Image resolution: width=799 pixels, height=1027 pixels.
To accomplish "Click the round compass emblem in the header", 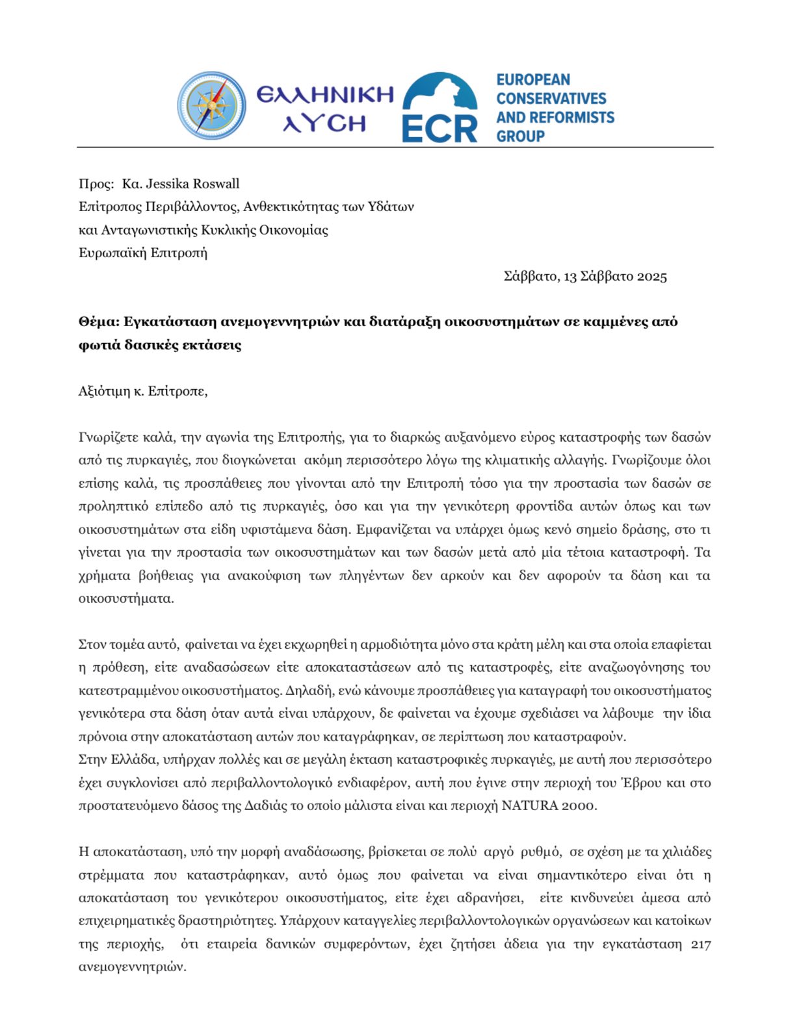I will click(x=211, y=106).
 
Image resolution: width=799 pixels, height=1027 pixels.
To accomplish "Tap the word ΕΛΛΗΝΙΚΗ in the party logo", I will click(x=325, y=95).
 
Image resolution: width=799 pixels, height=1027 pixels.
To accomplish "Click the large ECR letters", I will click(x=439, y=128).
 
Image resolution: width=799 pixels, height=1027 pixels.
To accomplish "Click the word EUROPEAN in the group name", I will click(x=533, y=80).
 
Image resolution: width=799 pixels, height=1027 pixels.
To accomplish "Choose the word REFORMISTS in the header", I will click(x=575, y=118).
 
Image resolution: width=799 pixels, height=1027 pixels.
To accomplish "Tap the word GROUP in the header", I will click(x=521, y=136).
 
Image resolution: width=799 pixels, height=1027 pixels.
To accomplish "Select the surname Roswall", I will click(x=218, y=184).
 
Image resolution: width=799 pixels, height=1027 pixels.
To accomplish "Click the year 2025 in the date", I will click(x=651, y=277).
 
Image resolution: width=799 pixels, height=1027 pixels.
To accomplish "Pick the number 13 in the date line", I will click(x=570, y=277).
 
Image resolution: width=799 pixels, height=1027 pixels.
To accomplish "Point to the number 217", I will click(x=701, y=944).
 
